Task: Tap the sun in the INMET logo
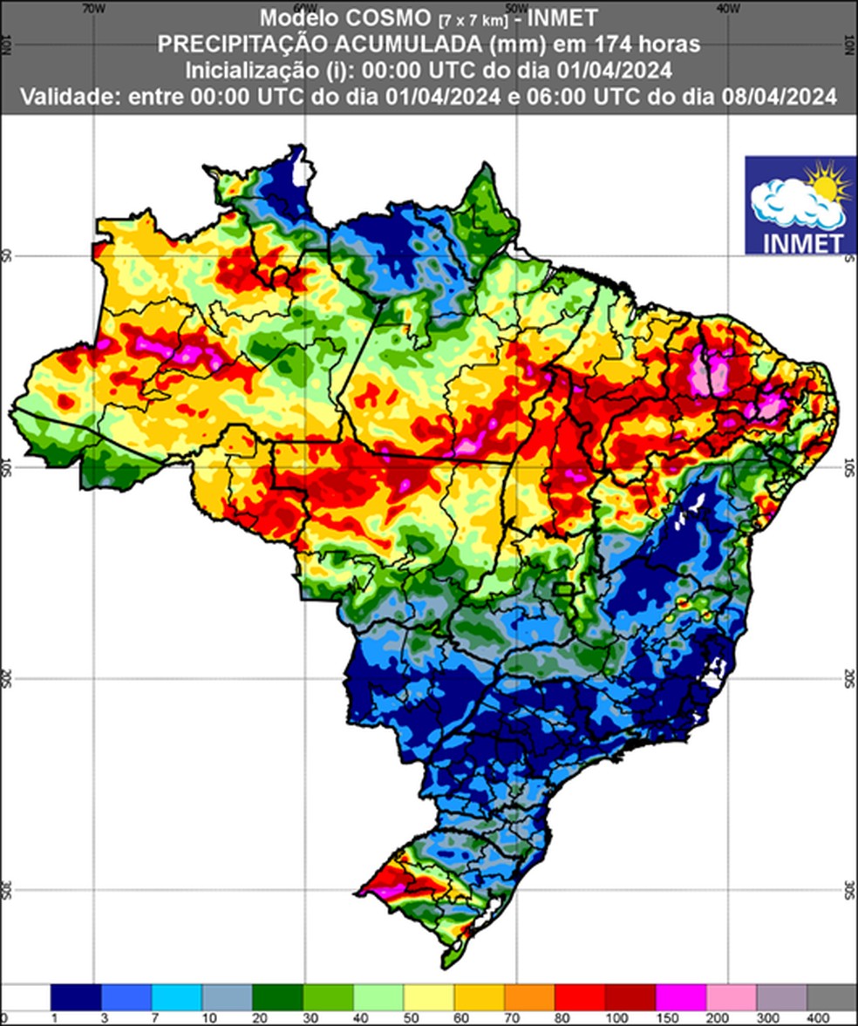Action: [827, 185]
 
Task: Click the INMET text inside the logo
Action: [800, 240]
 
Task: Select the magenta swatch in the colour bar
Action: [681, 997]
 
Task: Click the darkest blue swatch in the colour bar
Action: [76, 997]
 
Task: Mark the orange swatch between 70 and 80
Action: [529, 997]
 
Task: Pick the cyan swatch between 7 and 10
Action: [177, 997]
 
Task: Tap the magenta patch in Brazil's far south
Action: [386, 889]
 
